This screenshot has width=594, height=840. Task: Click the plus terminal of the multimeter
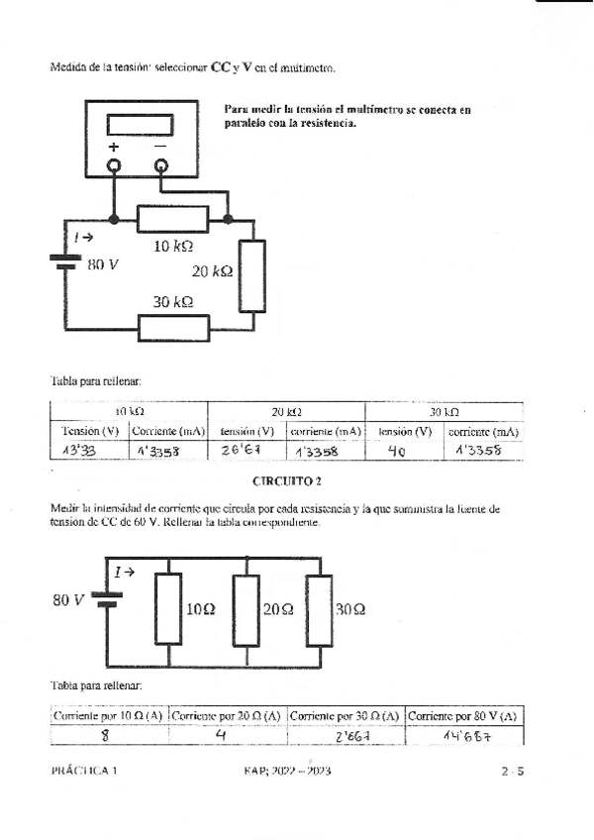click(x=115, y=165)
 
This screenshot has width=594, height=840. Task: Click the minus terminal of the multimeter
click(x=160, y=165)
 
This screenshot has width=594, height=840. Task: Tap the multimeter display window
click(x=140, y=125)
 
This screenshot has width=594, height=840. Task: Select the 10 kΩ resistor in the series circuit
click(x=172, y=219)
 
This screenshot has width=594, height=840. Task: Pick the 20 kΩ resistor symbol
click(x=252, y=276)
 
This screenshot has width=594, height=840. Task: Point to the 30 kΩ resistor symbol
click(x=173, y=327)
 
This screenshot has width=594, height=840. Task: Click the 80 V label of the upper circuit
click(x=103, y=265)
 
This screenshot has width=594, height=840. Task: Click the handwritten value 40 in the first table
click(x=397, y=451)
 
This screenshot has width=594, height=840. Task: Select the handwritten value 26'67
click(x=240, y=451)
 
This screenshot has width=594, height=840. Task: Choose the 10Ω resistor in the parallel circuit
click(x=169, y=610)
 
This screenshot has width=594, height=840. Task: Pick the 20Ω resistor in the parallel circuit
click(x=246, y=610)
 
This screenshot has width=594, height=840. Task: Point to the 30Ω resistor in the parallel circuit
click(x=319, y=610)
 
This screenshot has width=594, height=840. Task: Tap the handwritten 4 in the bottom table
click(x=221, y=736)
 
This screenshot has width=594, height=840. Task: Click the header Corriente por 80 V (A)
click(x=463, y=715)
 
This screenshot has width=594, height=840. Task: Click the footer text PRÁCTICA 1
click(x=83, y=770)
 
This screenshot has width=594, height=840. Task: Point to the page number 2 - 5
click(x=511, y=770)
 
